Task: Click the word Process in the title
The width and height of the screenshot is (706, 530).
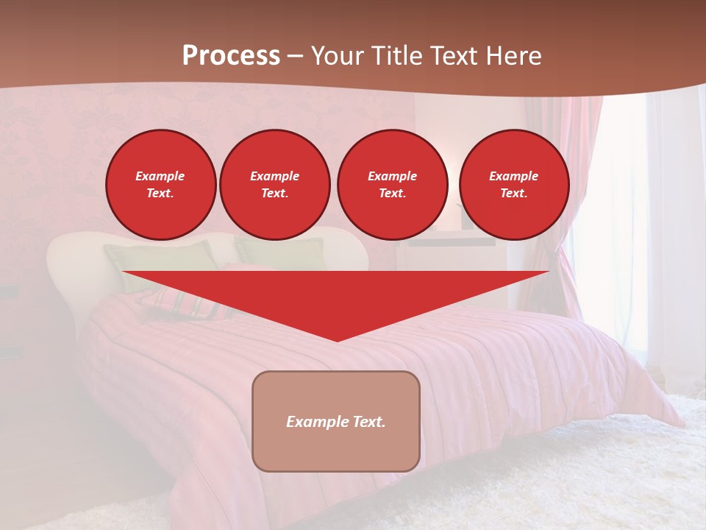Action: tap(231, 56)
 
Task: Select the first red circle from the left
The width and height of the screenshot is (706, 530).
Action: tap(160, 185)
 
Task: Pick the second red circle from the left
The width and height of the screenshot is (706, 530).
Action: tap(274, 185)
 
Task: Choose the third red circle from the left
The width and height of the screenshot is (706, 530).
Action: tap(392, 185)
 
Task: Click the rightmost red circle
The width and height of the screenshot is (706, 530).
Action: tap(514, 185)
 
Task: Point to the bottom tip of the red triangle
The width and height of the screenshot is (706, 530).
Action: tap(337, 339)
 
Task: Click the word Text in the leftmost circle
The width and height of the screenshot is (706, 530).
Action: tap(160, 194)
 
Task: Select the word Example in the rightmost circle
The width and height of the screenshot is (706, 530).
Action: tap(513, 176)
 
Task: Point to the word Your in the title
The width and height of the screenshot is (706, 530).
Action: tap(334, 56)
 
